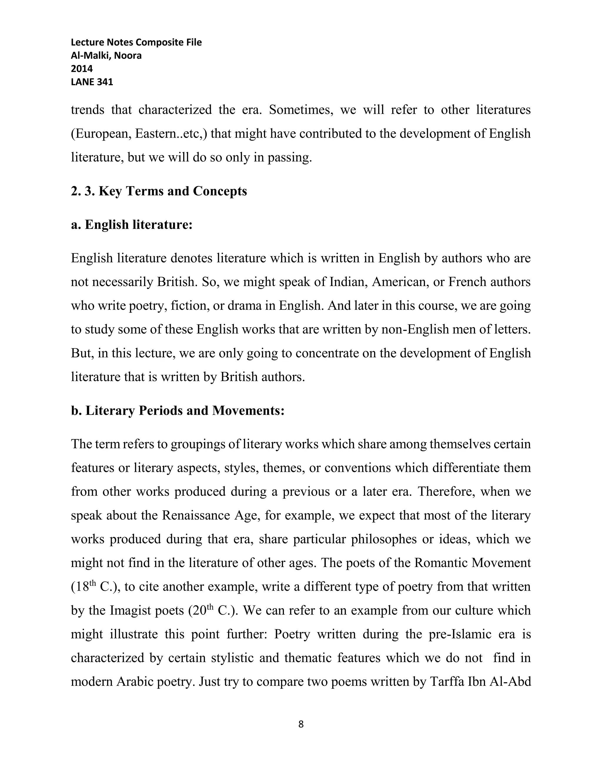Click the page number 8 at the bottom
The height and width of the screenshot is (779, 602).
coord(301,724)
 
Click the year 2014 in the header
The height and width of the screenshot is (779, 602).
coord(82,68)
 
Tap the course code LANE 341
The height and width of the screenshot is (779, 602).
coord(92,82)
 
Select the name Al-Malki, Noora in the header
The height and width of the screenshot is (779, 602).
coord(106,55)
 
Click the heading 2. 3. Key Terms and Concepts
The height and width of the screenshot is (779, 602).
coord(159,191)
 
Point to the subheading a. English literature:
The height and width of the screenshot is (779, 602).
coord(132,225)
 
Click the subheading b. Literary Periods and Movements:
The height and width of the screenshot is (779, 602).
coord(178,411)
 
